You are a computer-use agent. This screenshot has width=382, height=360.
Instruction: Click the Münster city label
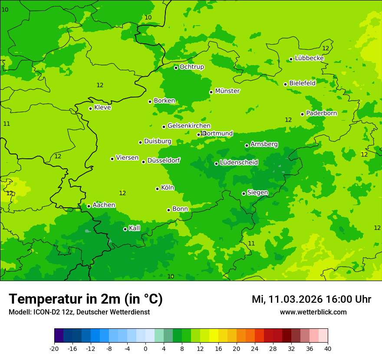click(x=227, y=91)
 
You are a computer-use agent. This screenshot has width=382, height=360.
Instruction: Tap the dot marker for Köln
click(x=157, y=189)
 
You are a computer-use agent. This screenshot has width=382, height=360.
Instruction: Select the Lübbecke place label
click(x=309, y=58)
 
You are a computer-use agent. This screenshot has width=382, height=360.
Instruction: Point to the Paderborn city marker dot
click(x=302, y=114)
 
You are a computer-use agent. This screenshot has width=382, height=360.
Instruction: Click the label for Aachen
click(x=104, y=205)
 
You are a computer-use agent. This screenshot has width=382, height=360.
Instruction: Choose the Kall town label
click(x=135, y=228)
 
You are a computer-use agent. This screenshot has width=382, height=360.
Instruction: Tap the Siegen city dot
click(x=244, y=193)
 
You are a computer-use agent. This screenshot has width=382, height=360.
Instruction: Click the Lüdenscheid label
click(x=239, y=163)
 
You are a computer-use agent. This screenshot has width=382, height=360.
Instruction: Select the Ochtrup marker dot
click(x=176, y=68)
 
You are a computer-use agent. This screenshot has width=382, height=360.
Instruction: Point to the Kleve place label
click(x=102, y=108)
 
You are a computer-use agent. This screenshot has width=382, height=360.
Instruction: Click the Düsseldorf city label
click(x=164, y=160)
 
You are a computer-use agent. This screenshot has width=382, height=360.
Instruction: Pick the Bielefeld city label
click(x=302, y=83)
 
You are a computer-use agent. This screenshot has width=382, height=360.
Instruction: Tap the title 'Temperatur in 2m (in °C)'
click(x=86, y=299)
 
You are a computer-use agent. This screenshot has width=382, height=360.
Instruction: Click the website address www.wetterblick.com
click(x=313, y=312)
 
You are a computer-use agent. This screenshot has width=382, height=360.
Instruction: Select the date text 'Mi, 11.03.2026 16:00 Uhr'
click(x=311, y=299)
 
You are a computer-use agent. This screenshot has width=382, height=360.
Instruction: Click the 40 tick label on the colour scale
click(x=328, y=348)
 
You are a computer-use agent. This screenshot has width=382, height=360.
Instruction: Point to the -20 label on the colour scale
click(x=54, y=348)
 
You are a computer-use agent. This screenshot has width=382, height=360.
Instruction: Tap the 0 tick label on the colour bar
click(x=145, y=348)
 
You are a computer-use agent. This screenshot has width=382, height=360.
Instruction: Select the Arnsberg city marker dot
click(x=247, y=145)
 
